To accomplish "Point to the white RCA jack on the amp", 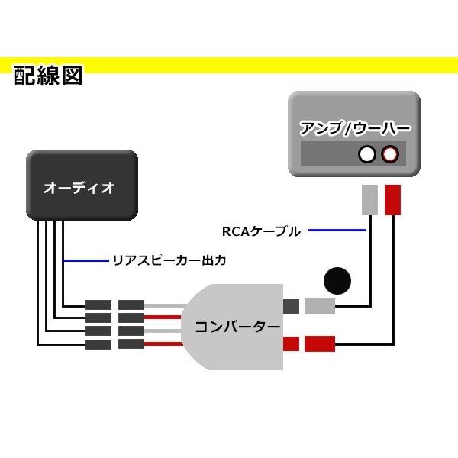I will coord(367,155).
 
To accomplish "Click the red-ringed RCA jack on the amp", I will coord(390,155).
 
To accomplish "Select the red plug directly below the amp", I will coord(393,200).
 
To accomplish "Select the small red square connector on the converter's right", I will coord(291,343).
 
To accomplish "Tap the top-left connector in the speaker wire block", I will coord(98,305).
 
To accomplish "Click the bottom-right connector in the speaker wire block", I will coord(131,343).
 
